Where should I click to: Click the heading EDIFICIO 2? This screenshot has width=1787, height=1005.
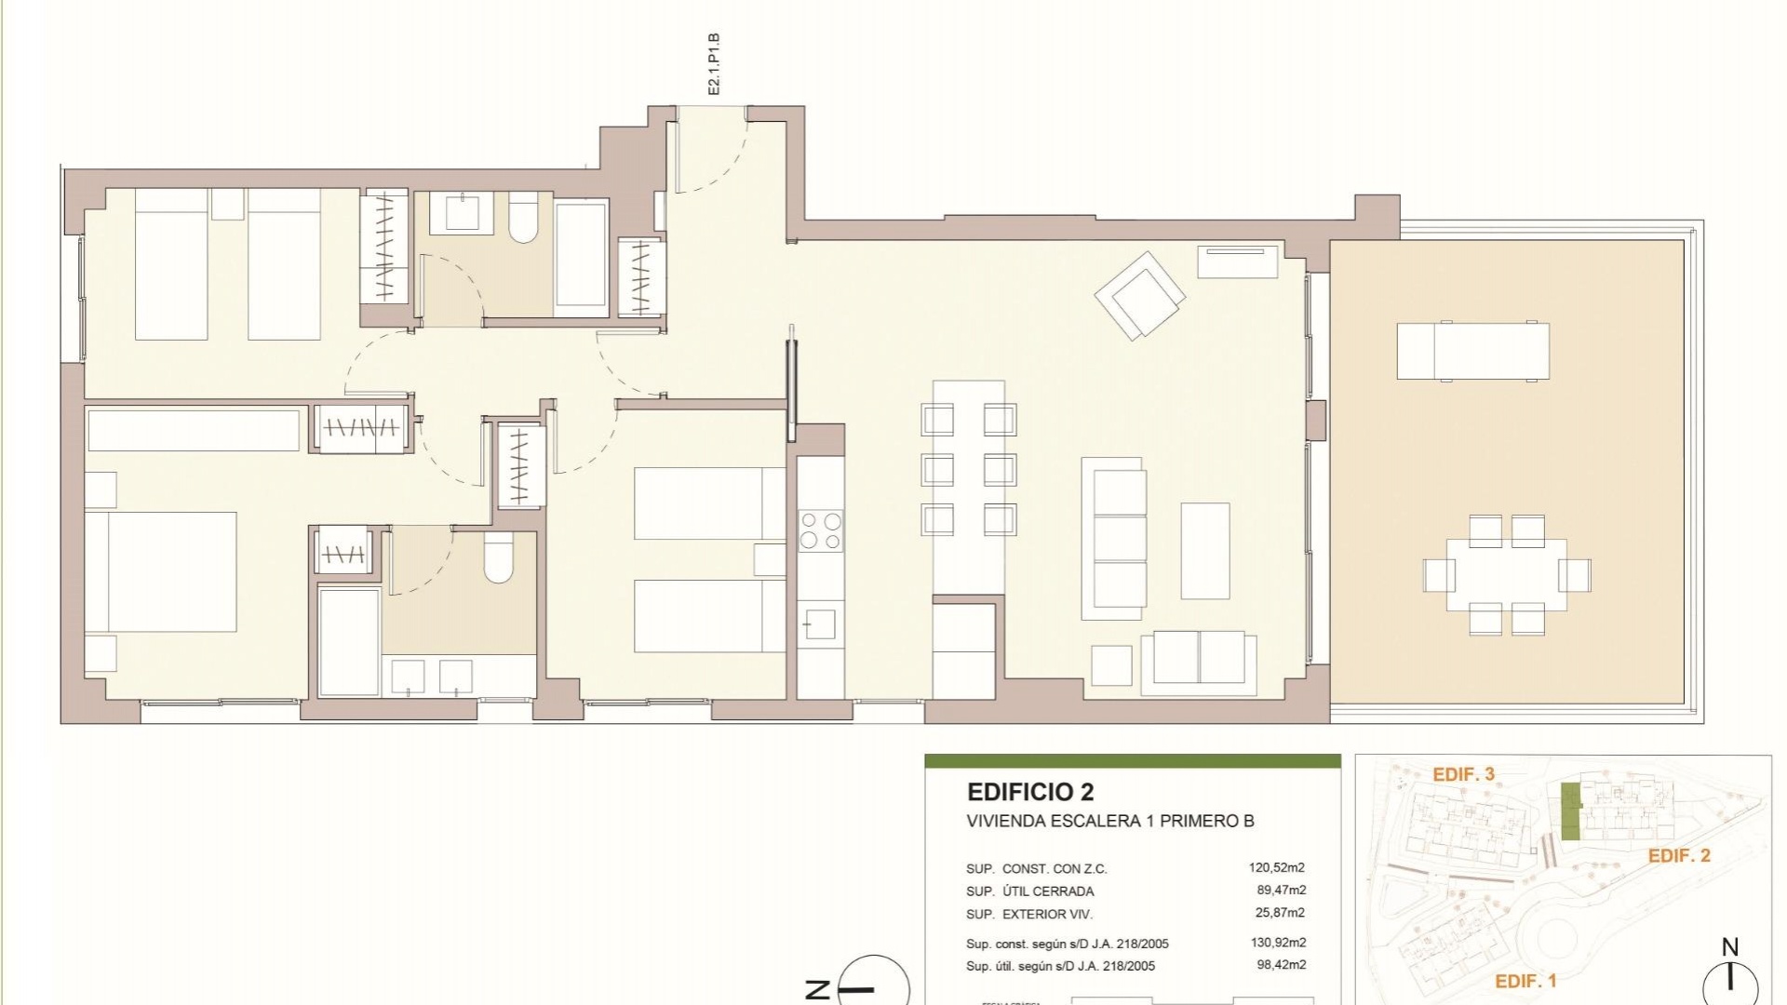point(1030,792)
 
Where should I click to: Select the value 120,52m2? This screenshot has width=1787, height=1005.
point(1277,868)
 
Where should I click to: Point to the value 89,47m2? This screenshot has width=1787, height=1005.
point(1281,891)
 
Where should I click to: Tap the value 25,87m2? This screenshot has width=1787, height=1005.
point(1280,913)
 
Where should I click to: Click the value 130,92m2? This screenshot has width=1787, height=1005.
point(1277,943)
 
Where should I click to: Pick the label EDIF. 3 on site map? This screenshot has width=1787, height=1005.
point(1463,774)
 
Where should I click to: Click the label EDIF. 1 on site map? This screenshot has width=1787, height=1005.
point(1525,981)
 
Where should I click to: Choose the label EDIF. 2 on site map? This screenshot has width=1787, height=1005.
point(1678,855)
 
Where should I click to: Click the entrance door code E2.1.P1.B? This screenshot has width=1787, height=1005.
point(714,64)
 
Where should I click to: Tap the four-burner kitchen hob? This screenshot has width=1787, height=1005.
point(821,531)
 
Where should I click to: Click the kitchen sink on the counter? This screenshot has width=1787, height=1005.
point(820,623)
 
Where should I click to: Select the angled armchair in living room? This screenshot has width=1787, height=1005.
point(1140,295)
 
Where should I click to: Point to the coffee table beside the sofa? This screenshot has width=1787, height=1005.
point(1204,551)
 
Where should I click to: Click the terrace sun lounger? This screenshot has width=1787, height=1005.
point(1472,351)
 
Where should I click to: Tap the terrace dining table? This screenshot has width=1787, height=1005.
point(1506,574)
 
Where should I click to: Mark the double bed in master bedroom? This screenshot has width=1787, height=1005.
point(160,571)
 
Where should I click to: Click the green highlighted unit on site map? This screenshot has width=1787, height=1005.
point(1570,811)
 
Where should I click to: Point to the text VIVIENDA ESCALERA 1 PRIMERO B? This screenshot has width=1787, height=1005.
point(1109,821)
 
